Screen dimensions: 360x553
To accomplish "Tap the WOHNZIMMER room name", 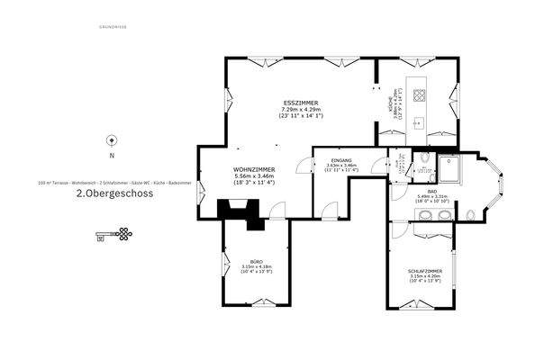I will [254, 168].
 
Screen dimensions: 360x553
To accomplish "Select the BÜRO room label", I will [257, 260].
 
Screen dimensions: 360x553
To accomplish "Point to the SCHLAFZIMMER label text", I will [424, 270].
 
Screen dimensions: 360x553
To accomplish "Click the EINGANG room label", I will [341, 159].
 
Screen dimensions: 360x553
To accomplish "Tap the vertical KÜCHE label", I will [390, 102].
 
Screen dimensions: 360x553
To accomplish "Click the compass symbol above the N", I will [112, 139].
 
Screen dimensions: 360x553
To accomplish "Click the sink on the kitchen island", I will [419, 122].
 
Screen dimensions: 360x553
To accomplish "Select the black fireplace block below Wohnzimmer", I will [240, 210].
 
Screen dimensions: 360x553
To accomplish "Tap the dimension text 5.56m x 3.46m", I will [254, 175].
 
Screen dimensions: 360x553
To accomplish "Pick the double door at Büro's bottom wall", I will [257, 305].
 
